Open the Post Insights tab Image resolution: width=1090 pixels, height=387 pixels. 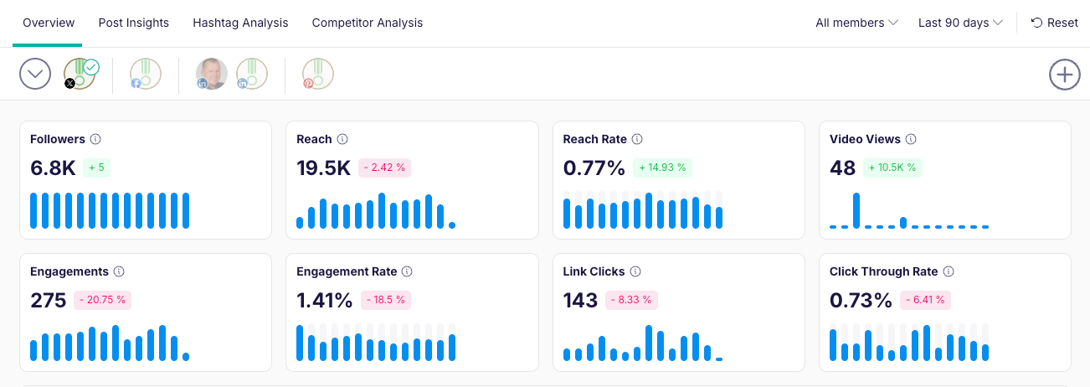pos(133,23)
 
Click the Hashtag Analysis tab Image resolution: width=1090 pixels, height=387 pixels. pos(240,23)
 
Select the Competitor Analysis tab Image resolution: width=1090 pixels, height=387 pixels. pos(367,23)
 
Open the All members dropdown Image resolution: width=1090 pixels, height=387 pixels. pos(856,23)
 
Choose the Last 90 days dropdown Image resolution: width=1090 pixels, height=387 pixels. pos(960,23)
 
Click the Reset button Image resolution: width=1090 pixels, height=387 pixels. pos(1054,23)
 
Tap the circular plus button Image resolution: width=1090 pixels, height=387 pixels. pos(1064,74)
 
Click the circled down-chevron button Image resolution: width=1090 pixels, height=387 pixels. pos(35,74)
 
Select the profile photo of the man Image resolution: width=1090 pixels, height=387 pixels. pos(212,74)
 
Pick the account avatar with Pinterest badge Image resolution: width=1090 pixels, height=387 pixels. pos(318,74)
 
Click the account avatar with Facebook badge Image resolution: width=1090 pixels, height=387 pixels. pos(146,74)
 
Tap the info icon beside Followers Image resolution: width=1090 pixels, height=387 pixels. pos(95,139)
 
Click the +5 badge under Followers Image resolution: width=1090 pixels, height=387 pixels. pos(96,168)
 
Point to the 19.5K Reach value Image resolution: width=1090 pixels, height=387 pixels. pos(323,168)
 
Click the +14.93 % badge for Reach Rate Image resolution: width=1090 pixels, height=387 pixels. pos(662,168)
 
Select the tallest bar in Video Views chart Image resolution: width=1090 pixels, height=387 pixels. pos(856,210)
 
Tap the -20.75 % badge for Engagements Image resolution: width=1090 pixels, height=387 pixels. pos(103,300)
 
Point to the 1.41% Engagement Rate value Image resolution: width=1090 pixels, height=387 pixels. pos(324,300)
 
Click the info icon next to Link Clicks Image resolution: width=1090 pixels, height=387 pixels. pos(635,271)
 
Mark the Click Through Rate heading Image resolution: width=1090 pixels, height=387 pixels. pos(883,271)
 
